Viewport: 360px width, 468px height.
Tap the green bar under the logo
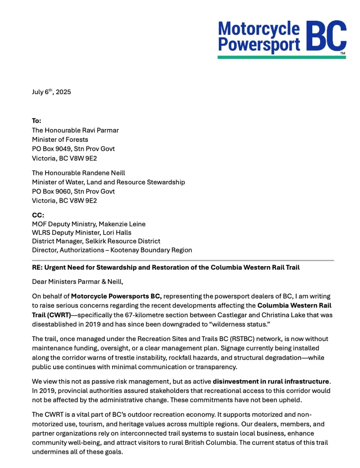(281, 57)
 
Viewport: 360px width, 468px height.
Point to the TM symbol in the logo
(342, 53)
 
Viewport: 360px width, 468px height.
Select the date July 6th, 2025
(51, 92)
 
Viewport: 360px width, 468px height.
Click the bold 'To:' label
(37, 121)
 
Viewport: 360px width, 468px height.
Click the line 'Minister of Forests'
(60, 139)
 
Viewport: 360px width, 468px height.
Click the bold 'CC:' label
(38, 215)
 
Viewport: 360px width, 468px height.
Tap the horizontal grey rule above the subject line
(183, 260)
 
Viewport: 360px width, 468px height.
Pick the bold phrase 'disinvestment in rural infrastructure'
(272, 381)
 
